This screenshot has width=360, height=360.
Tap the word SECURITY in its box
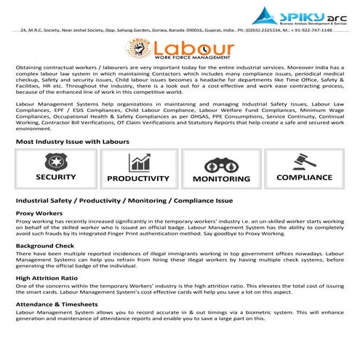(x=55, y=177)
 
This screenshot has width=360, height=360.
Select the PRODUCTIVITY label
(x=138, y=178)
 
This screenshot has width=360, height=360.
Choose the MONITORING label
(x=221, y=178)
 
